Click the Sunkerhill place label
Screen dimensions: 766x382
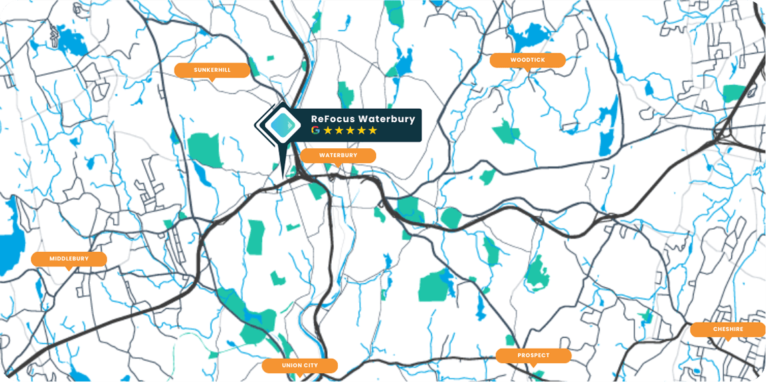pos(212,69)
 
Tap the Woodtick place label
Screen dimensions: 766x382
pos(528,60)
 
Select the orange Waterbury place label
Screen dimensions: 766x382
pos(338,155)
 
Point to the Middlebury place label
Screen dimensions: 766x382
pos(69,258)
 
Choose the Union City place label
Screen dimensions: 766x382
pos(300,365)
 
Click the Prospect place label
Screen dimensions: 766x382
pos(533,355)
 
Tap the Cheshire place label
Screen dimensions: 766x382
pos(728,329)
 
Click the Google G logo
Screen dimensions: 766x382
pos(316,130)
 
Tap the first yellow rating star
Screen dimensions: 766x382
pos(328,130)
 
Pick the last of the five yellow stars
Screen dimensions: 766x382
pos(373,130)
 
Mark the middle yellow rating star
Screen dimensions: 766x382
pos(350,130)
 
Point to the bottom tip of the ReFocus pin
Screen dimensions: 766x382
pos(282,174)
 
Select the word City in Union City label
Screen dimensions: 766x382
pos(310,365)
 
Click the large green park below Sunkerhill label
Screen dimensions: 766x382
pos(205,150)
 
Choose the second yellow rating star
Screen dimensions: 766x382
pos(339,130)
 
